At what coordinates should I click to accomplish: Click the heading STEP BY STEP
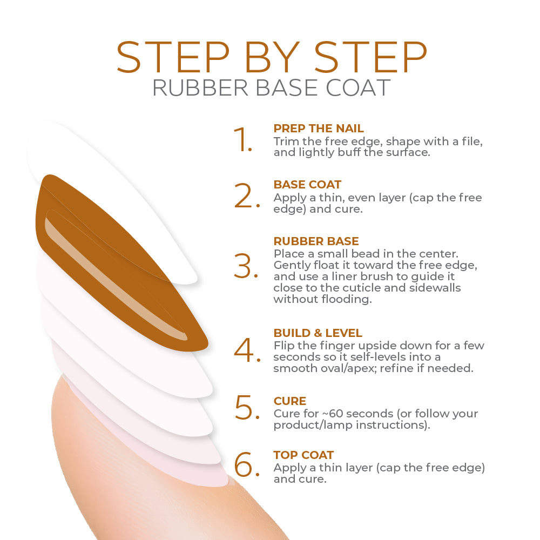[x=272, y=57]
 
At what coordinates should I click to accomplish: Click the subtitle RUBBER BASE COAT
[x=272, y=88]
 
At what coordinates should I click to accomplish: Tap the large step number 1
[x=243, y=139]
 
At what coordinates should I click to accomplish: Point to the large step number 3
[x=246, y=266]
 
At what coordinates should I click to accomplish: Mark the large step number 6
[x=247, y=464]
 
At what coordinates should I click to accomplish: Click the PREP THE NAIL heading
[x=319, y=129]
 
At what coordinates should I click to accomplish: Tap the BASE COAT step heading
[x=307, y=185]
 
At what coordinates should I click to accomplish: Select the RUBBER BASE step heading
[x=316, y=241]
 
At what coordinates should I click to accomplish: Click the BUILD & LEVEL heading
[x=318, y=333]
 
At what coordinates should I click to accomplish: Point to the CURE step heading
[x=289, y=401]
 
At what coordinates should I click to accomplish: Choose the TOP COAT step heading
[x=303, y=455]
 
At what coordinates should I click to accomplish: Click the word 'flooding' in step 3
[x=346, y=299]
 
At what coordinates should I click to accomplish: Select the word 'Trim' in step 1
[x=286, y=141]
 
